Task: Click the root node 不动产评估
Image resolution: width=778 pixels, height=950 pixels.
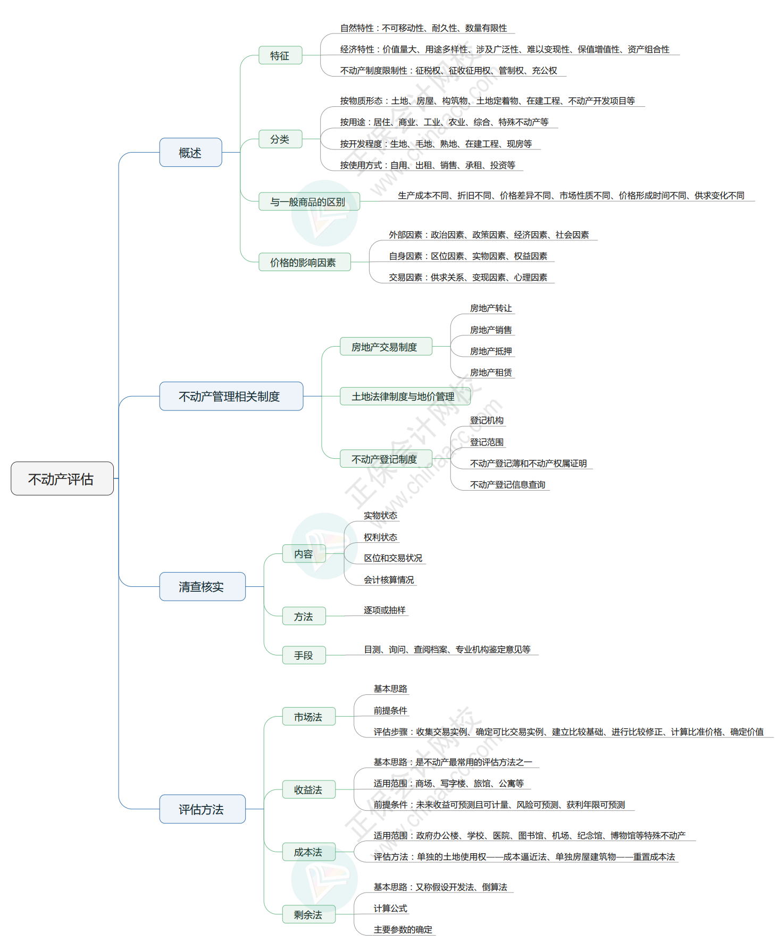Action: (62, 478)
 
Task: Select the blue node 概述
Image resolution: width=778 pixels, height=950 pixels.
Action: (190, 153)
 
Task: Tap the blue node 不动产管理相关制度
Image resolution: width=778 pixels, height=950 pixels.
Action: (231, 396)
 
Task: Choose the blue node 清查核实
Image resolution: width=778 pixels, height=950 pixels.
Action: (202, 586)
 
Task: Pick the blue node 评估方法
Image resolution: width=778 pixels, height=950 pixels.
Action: (202, 809)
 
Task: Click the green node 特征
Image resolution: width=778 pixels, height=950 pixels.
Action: (280, 55)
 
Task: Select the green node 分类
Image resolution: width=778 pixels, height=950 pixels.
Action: (280, 139)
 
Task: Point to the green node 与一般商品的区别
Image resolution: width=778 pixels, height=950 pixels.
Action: (308, 201)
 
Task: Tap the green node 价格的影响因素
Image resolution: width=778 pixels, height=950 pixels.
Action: (304, 262)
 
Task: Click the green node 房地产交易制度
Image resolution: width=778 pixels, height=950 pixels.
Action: (385, 347)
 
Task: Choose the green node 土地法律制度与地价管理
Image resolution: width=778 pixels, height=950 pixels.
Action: (404, 396)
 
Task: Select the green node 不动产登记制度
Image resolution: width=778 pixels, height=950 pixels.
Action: (385, 459)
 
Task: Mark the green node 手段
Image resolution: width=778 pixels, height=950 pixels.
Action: (304, 655)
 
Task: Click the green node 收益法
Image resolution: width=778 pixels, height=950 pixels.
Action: (308, 790)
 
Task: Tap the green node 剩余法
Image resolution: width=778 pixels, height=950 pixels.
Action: (308, 914)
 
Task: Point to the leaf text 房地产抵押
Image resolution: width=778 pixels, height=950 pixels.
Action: (491, 351)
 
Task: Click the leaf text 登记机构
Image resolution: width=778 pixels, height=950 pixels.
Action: (487, 421)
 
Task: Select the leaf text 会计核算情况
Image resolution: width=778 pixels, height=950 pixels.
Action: (389, 580)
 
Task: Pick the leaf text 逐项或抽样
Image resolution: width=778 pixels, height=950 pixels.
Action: (384, 610)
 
